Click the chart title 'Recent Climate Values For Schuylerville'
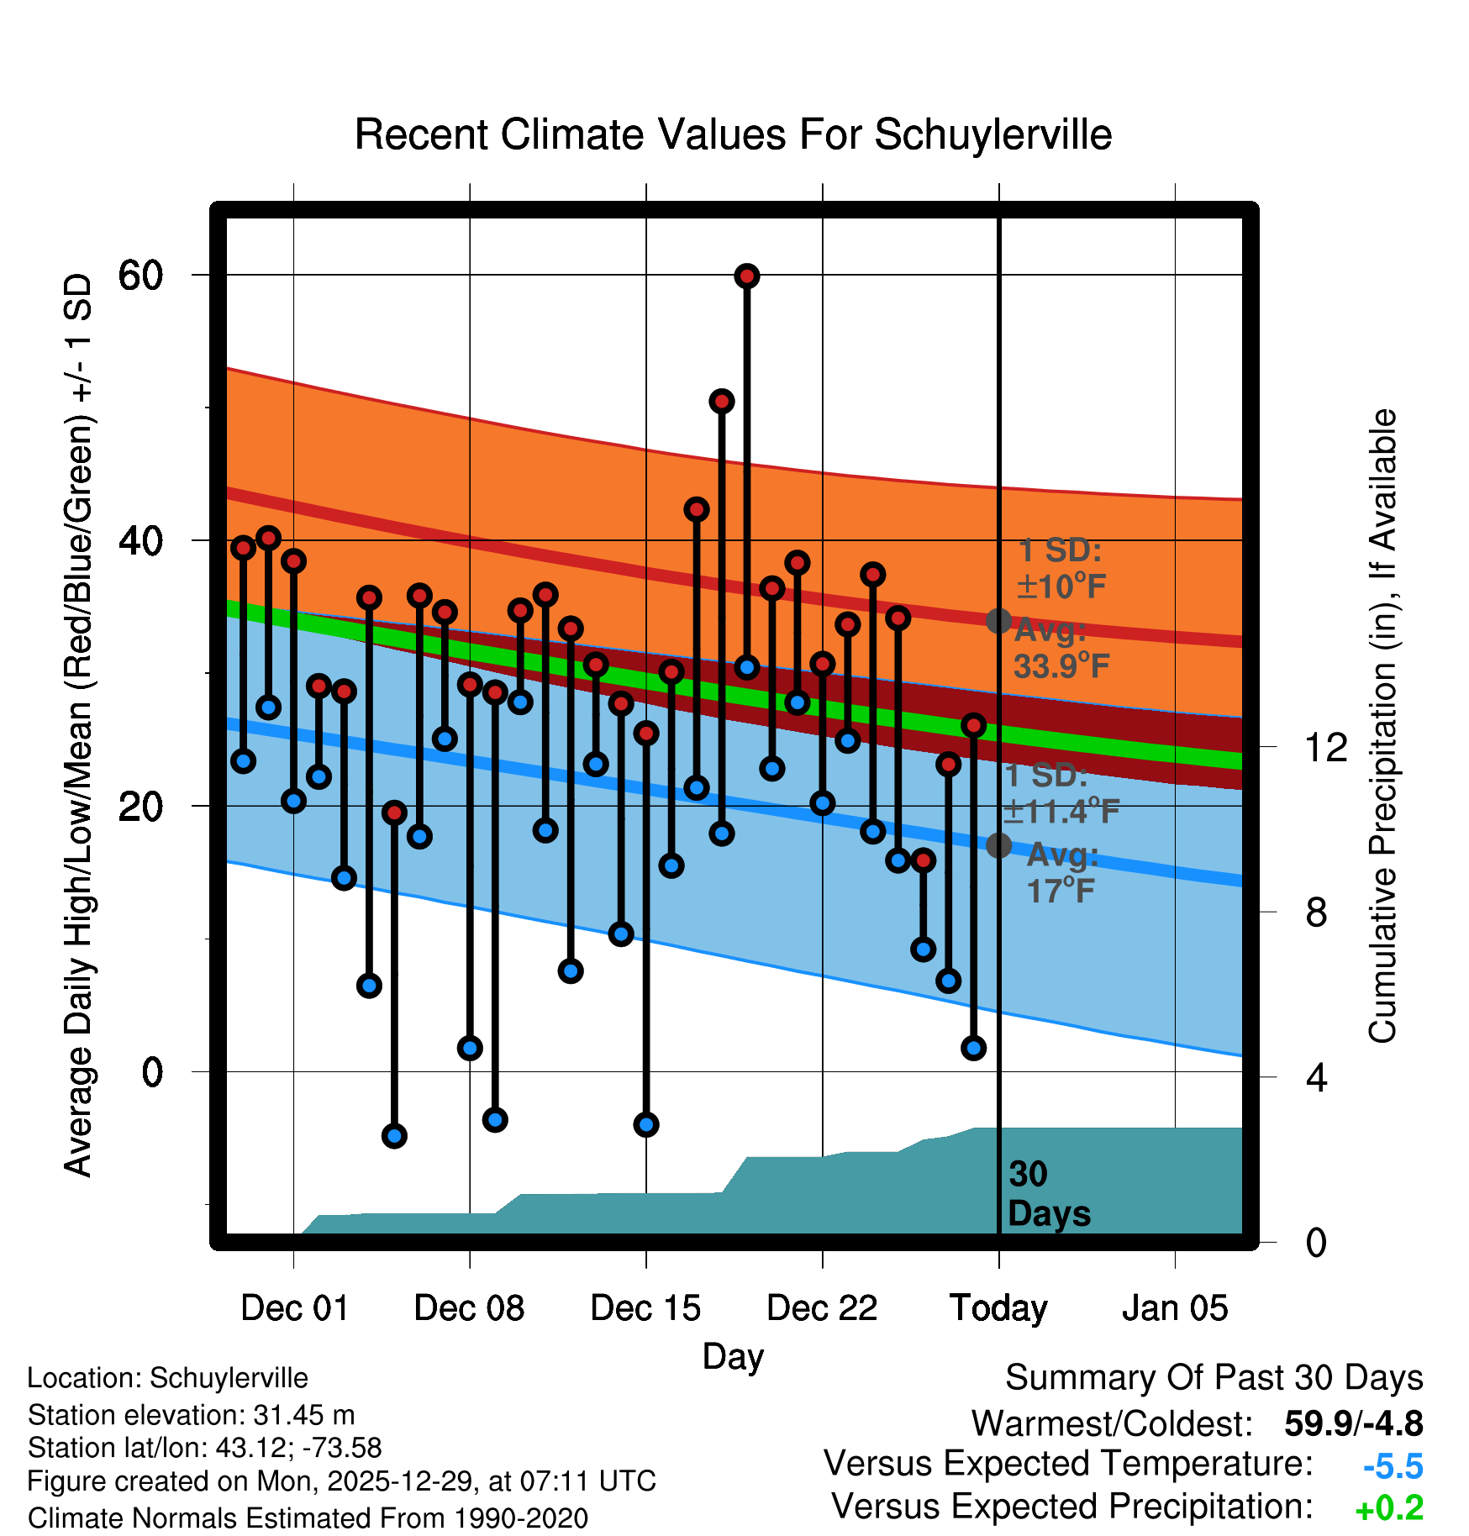coord(733,134)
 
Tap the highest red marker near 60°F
coord(747,276)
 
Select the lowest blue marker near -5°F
coord(394,1136)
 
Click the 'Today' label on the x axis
coord(998,1308)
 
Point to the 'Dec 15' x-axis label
coord(645,1308)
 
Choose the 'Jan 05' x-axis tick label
coord(1175,1308)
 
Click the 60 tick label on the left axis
coord(140,275)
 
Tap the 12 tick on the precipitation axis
coord(1325,747)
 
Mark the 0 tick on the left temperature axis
coord(152,1072)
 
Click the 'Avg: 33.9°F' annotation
coord(1061,648)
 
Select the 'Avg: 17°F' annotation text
coord(1061,872)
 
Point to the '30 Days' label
coord(1048,1194)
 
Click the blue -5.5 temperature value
coord(1393,1466)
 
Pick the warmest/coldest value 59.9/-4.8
coord(1353,1423)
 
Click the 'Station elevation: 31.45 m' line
coord(191,1415)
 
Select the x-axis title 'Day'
coord(733,1356)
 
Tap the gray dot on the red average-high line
coord(998,621)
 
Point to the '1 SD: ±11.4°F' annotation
coord(1061,793)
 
